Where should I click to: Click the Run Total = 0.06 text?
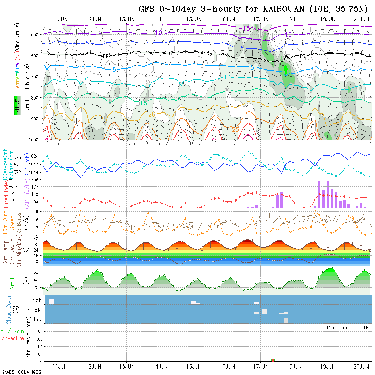coord(348,327)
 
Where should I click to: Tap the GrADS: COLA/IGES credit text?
coord(21,372)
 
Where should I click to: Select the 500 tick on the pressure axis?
coord(34,34)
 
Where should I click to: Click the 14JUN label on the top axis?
coord(160,19)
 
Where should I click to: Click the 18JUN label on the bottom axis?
coord(294,366)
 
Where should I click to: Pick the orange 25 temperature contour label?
coord(236,130)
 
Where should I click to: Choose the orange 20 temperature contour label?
coord(152,114)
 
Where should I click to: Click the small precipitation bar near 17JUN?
coord(273,360)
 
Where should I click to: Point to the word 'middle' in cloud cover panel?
coord(34,310)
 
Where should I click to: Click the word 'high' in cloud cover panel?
coord(36,300)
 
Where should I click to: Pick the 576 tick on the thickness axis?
coord(19,157)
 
